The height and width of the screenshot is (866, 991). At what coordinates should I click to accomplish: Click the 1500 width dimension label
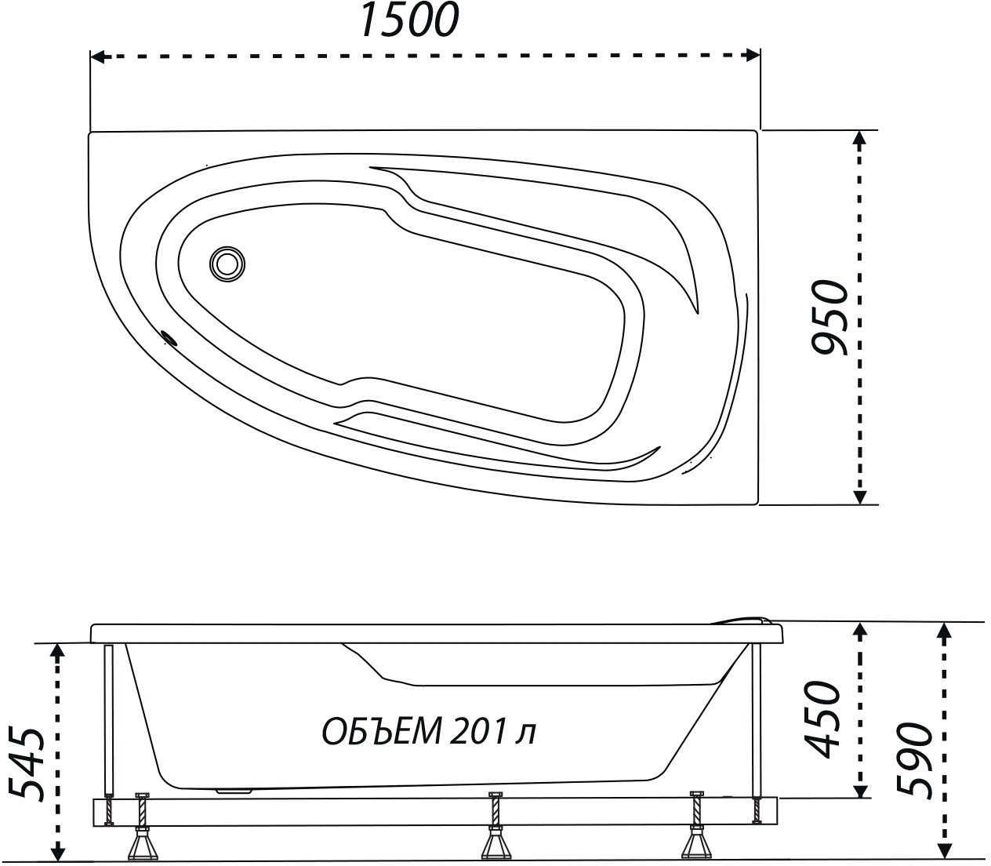pos(410,20)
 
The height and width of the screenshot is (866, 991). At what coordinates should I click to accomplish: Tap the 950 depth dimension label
pos(830,318)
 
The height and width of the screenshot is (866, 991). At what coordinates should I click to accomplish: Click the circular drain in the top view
pos(227,264)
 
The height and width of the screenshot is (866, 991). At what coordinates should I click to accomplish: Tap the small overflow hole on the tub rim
pos(170,337)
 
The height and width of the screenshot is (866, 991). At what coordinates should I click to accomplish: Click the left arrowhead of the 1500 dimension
pos(98,56)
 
